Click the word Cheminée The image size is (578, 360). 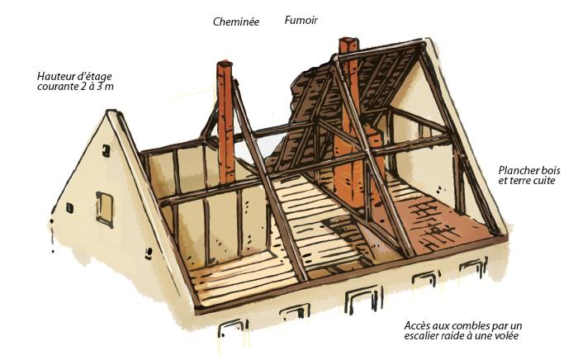[x=236, y=22]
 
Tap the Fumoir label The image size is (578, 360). [x=301, y=19]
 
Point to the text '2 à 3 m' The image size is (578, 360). [x=100, y=88]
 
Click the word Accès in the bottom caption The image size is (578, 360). [x=419, y=324]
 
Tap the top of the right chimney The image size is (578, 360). [x=348, y=41]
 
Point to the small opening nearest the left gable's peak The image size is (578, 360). [x=107, y=149]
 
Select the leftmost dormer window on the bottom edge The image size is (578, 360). [x=232, y=329]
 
